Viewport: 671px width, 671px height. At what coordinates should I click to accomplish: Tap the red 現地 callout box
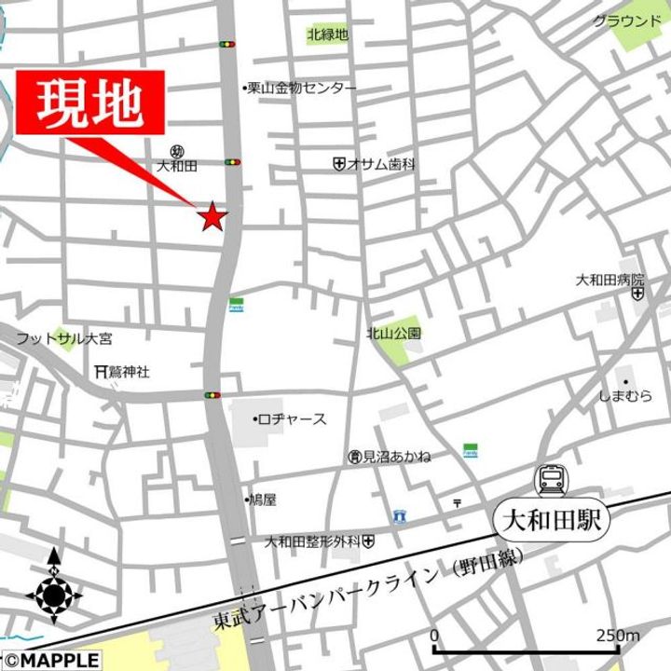(89, 104)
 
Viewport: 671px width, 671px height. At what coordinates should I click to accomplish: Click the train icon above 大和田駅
(550, 481)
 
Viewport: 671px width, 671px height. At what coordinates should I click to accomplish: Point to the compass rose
(54, 593)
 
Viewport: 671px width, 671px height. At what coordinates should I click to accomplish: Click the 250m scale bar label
(618, 636)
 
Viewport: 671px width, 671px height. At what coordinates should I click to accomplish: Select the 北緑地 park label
(327, 35)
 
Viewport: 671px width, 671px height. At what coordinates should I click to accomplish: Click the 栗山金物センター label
(300, 88)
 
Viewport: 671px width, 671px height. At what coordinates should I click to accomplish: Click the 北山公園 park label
(393, 332)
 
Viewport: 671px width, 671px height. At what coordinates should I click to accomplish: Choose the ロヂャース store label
(291, 419)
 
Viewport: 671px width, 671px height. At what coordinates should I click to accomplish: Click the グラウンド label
(626, 21)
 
